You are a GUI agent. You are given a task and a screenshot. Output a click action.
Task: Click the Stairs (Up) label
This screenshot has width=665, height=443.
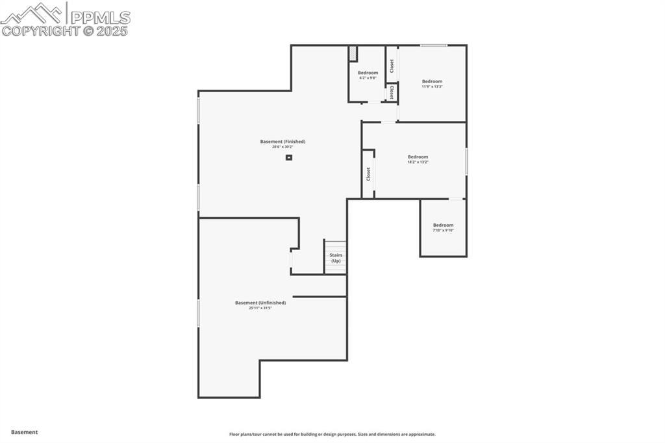click(336, 258)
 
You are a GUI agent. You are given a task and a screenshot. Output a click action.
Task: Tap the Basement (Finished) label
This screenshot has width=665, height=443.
click(282, 142)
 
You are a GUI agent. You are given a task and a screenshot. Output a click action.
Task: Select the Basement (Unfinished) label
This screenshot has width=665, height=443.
click(260, 303)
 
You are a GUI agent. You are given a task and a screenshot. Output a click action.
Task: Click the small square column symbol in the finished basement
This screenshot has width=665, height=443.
click(289, 157)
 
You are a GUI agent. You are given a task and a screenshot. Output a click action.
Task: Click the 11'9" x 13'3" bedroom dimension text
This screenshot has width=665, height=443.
click(432, 86)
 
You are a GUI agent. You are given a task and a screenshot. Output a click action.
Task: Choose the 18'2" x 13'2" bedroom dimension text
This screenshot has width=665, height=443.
click(418, 162)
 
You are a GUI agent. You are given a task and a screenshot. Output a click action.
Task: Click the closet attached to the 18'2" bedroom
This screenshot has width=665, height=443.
click(368, 173)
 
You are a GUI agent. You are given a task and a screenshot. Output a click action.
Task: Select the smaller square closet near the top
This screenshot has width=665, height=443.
click(392, 93)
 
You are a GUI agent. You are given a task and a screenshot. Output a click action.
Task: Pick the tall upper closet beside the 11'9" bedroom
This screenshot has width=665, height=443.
click(392, 65)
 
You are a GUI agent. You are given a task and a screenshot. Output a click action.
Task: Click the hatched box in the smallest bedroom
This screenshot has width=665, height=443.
click(353, 53)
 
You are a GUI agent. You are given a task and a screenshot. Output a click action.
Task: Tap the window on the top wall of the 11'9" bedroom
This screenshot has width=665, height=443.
click(433, 45)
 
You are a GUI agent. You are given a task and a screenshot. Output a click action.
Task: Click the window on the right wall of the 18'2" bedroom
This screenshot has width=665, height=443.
click(466, 161)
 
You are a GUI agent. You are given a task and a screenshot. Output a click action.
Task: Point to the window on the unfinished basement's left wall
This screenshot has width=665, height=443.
click(198, 313)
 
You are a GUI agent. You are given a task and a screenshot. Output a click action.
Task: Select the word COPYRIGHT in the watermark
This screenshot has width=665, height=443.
click(40, 31)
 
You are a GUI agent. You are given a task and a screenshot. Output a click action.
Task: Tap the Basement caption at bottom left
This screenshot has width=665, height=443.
click(25, 432)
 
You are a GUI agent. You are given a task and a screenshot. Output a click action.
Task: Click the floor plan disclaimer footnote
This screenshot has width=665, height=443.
click(332, 435)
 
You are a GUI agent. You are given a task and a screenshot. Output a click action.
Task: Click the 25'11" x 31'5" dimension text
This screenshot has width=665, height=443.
click(260, 308)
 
